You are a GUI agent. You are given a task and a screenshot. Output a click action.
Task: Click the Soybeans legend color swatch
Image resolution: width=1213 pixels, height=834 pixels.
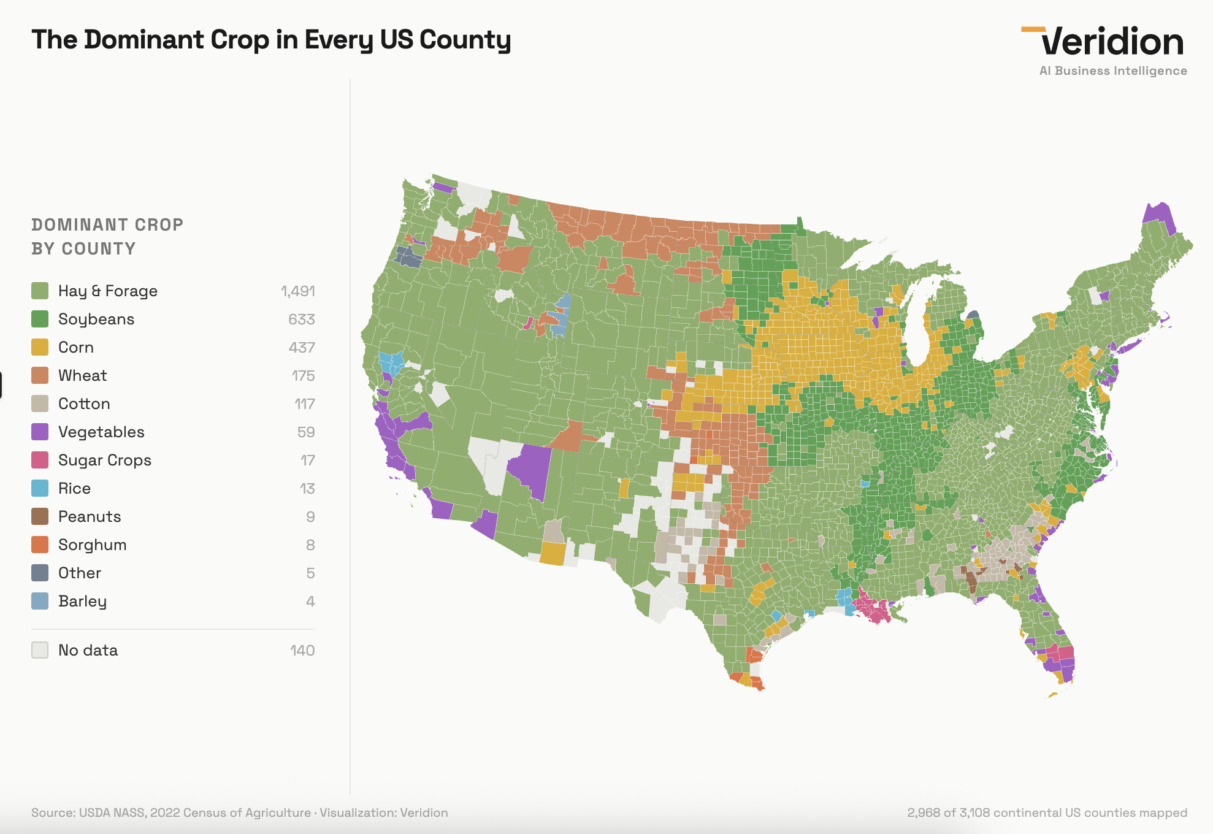[40, 319]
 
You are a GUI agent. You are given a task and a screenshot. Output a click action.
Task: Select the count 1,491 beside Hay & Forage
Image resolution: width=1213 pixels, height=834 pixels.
[297, 291]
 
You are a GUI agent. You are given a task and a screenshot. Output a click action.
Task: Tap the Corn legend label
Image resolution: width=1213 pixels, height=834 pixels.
[75, 347]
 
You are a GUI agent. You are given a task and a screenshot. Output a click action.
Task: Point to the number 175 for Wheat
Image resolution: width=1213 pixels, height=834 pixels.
[303, 375]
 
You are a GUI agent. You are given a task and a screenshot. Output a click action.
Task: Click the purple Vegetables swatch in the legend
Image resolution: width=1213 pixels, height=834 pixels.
[40, 432]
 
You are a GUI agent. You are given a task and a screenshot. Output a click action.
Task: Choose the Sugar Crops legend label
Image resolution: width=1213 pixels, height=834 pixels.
[104, 460]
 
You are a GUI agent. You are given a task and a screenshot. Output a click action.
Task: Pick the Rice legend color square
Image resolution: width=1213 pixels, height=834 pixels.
[40, 488]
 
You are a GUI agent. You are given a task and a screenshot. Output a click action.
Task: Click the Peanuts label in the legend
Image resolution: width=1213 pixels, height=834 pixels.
[90, 516]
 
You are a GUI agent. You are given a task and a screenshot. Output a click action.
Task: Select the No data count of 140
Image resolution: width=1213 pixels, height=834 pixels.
[302, 650]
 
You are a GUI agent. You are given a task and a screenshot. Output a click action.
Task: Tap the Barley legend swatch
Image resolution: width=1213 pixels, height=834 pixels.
[40, 601]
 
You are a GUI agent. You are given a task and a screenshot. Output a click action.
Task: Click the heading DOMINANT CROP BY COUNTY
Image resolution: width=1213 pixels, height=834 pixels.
[107, 237]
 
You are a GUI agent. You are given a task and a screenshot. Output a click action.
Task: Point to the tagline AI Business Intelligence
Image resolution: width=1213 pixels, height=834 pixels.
[1112, 71]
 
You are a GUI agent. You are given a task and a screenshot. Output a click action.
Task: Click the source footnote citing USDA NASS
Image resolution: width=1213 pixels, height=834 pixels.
[239, 813]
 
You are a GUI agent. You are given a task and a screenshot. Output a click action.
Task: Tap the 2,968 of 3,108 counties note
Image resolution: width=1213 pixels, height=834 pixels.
[1047, 813]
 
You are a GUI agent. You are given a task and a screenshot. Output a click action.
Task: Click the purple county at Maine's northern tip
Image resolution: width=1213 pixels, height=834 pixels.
[1158, 216]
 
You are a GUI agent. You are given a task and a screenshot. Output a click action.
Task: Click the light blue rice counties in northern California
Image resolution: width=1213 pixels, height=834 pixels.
[391, 361]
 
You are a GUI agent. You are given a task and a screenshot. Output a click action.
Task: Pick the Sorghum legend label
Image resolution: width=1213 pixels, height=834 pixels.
[92, 545]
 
